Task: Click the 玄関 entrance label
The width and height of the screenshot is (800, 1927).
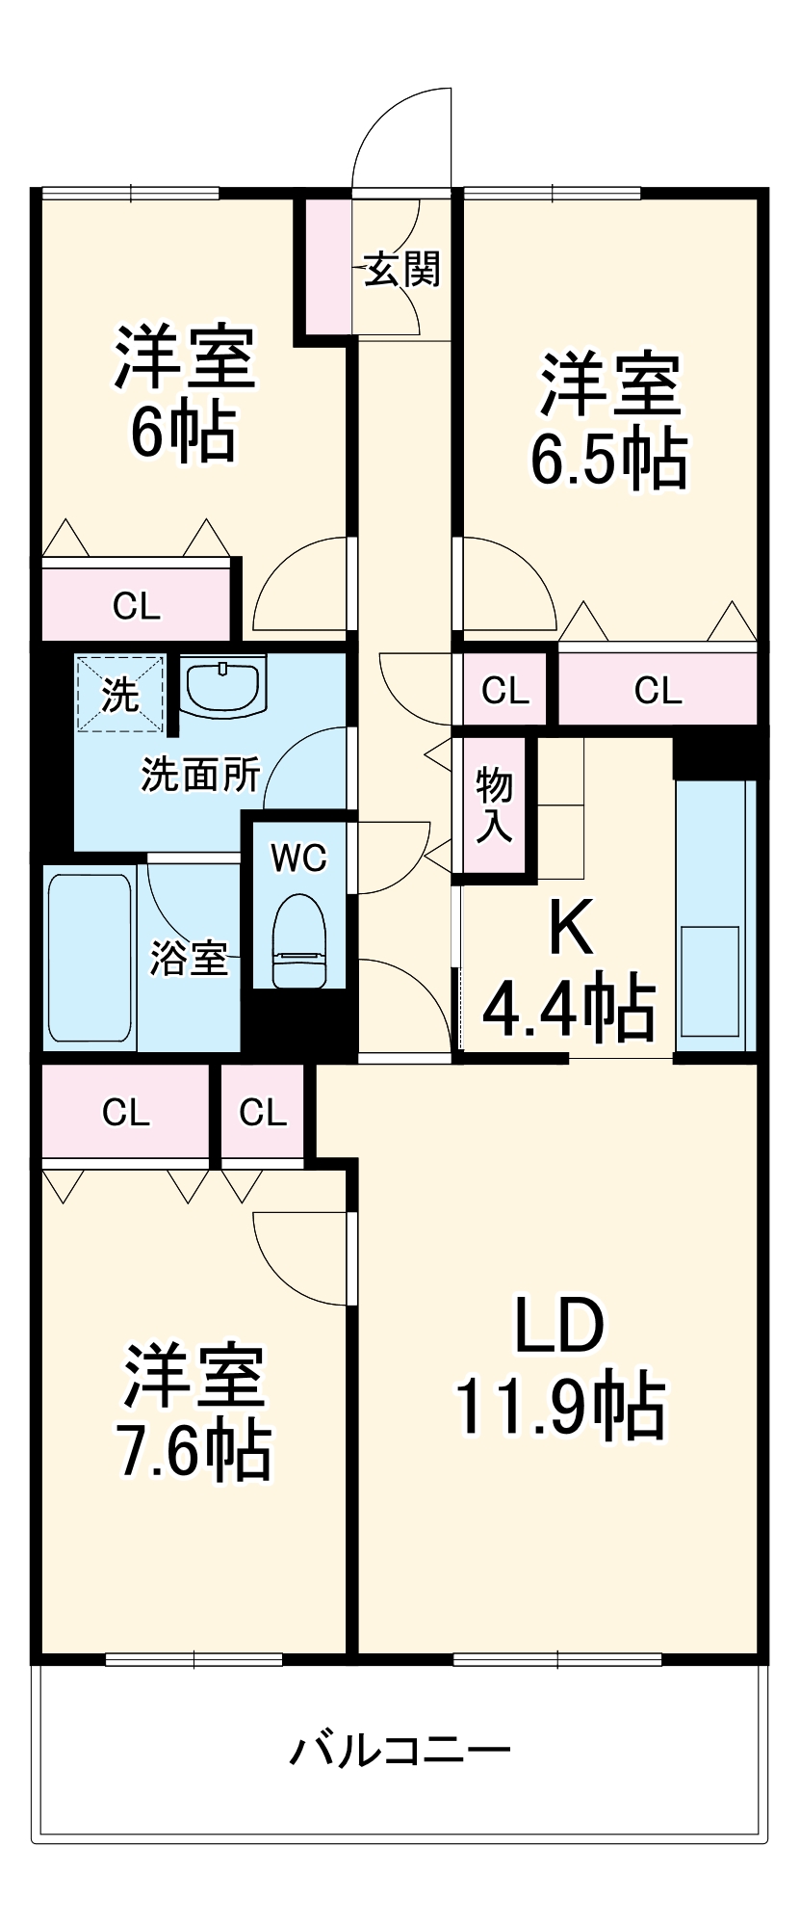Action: [402, 269]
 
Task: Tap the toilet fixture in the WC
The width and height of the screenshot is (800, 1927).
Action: [299, 940]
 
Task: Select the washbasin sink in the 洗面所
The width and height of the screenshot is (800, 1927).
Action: [222, 685]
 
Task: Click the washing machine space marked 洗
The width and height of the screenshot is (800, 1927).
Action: [119, 693]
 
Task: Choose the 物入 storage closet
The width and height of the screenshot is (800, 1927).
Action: [494, 805]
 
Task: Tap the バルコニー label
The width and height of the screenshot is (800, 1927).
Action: [400, 1749]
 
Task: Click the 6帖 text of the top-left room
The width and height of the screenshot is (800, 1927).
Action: [184, 434]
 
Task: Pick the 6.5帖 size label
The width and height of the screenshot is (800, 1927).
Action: [608, 460]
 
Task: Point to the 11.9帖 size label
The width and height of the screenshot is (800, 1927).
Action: [559, 1408]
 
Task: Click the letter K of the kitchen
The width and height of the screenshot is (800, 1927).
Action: [571, 928]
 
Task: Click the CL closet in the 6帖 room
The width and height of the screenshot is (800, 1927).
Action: [136, 606]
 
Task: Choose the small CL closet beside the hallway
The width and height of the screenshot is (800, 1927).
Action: [505, 690]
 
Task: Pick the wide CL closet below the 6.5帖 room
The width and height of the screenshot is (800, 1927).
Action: [658, 690]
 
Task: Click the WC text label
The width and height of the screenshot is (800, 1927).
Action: [298, 857]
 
